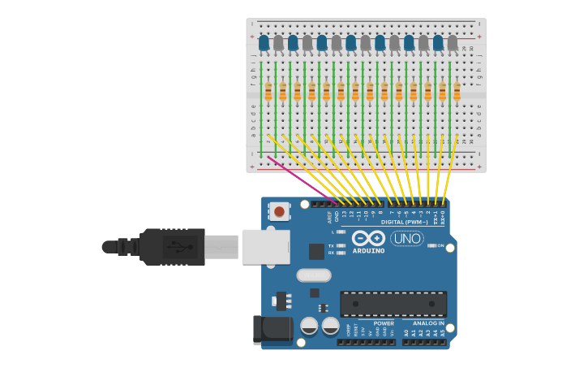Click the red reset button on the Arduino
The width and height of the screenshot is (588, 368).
click(x=279, y=212)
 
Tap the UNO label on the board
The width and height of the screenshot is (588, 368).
click(x=407, y=239)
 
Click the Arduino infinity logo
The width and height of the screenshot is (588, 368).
click(x=368, y=238)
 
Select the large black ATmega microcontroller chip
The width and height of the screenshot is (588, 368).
click(x=393, y=304)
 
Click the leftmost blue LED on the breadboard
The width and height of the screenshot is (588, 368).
click(x=264, y=42)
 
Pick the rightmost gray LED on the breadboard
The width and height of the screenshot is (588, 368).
click(x=453, y=42)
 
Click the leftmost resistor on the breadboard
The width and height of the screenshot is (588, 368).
click(x=268, y=90)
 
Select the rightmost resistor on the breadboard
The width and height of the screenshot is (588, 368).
click(x=457, y=90)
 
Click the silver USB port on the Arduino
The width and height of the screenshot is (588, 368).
click(x=265, y=246)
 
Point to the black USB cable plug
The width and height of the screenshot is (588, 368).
click(x=171, y=246)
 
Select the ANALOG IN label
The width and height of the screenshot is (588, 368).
click(x=427, y=323)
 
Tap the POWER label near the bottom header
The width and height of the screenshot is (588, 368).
click(x=384, y=323)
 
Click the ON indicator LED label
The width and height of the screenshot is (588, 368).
click(x=441, y=245)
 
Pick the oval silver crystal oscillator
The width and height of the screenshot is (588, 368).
click(x=314, y=275)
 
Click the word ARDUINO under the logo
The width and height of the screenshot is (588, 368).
click(x=368, y=251)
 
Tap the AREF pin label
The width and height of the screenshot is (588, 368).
click(x=330, y=217)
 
